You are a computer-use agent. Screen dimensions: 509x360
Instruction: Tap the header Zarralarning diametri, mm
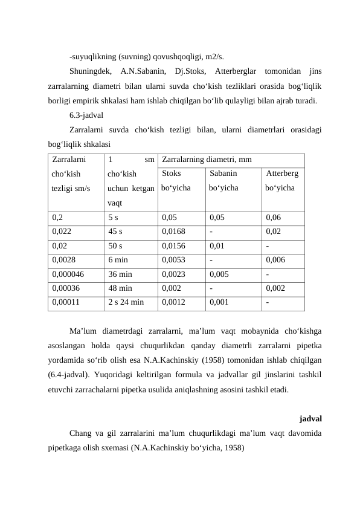click(x=207, y=161)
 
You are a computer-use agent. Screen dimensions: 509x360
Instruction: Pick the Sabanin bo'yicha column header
click(x=223, y=181)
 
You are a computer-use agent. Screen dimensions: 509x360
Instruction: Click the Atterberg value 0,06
click(x=273, y=217)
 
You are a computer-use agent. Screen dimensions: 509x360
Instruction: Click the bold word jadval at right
click(x=310, y=418)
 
